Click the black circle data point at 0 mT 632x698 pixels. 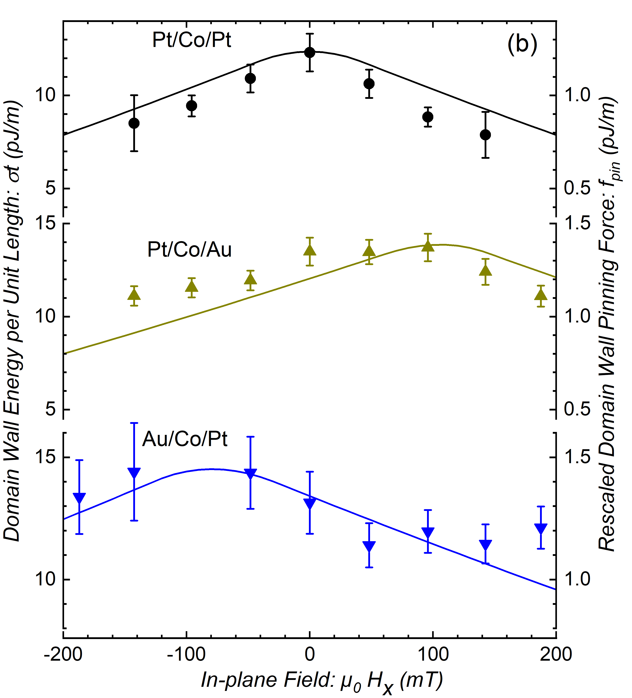pyautogui.click(x=310, y=53)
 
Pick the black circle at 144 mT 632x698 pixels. pyautogui.click(x=486, y=135)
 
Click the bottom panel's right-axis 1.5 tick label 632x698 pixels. pyautogui.click(x=577, y=457)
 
